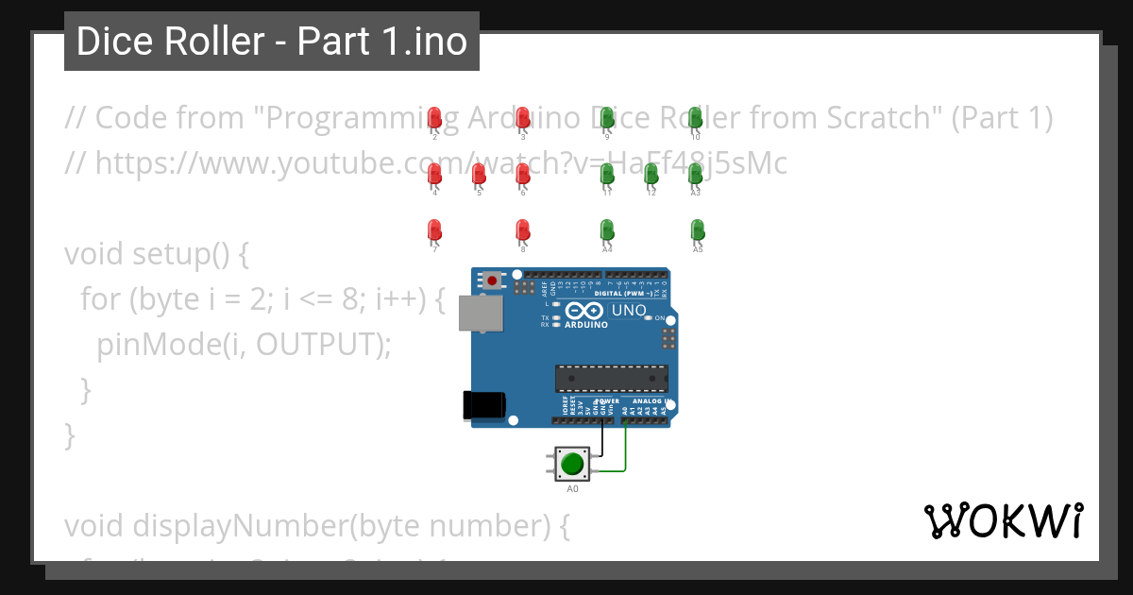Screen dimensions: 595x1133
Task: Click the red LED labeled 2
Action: point(434,118)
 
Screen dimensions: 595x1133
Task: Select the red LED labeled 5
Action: point(479,174)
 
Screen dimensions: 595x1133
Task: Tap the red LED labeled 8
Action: point(522,229)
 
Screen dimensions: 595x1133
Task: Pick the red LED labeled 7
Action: point(434,229)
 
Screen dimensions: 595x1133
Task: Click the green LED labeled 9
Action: point(608,118)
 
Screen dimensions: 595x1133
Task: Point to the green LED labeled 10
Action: point(696,118)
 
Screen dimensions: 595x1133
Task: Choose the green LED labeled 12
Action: point(651,174)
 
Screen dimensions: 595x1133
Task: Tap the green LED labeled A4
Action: point(607,229)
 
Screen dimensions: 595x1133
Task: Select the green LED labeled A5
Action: point(697,229)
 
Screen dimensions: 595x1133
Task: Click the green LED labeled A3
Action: point(696,174)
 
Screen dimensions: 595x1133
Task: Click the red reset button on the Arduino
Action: point(492,280)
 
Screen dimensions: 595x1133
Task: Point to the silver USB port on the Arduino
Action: point(480,314)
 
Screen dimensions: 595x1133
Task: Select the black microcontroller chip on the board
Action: point(611,378)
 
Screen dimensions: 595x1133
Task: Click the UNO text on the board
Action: point(630,310)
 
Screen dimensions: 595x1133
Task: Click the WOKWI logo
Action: point(1003,520)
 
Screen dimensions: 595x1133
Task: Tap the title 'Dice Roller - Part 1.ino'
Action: point(272,42)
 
